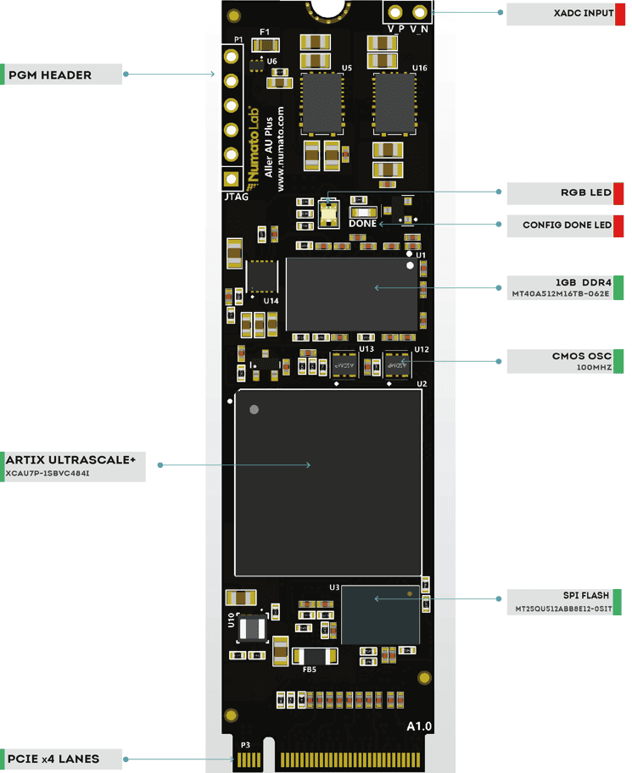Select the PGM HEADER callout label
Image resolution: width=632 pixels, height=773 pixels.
[50, 75]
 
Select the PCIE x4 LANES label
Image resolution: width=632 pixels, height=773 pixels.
[53, 759]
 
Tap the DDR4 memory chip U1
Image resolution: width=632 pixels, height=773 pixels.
[351, 293]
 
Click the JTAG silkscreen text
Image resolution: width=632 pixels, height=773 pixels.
[236, 197]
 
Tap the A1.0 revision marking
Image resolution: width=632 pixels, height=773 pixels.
[419, 726]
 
